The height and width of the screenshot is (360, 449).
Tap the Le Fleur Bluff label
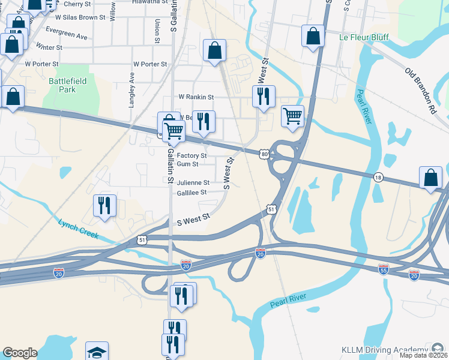click(x=364, y=37)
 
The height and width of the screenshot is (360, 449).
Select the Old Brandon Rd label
click(x=420, y=92)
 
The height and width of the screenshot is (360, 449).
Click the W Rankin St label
click(x=196, y=97)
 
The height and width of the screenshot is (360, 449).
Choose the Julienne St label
click(x=193, y=183)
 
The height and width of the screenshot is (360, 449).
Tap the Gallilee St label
click(x=191, y=193)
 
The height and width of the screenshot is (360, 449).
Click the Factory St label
click(x=191, y=155)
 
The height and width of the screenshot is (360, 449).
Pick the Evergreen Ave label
click(x=66, y=34)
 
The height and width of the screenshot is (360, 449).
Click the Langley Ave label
click(x=131, y=90)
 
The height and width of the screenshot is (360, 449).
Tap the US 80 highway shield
click(x=264, y=154)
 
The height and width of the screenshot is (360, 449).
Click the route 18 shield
click(x=377, y=176)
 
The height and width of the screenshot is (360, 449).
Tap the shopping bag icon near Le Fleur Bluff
click(x=313, y=36)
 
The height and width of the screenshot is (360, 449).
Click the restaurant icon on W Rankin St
click(x=263, y=96)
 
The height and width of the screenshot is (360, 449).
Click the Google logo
click(x=20, y=353)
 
